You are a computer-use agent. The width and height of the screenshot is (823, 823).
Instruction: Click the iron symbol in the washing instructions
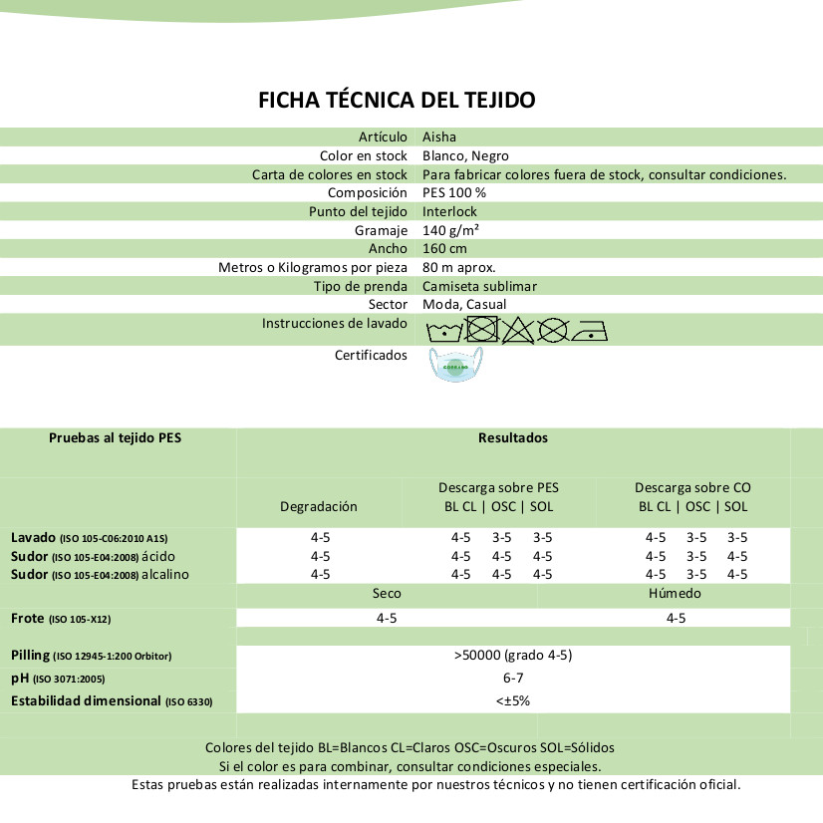tap(590, 331)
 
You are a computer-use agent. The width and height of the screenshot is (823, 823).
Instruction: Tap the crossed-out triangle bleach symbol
tap(519, 330)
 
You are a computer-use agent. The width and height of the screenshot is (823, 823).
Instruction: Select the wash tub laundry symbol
tap(443, 331)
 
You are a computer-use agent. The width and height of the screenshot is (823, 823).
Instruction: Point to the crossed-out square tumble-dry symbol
tap(481, 329)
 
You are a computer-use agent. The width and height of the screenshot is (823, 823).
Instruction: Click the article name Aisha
tap(439, 137)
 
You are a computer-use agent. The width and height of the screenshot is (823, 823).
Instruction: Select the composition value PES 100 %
tap(454, 192)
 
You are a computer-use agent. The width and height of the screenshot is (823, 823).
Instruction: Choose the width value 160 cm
tap(444, 248)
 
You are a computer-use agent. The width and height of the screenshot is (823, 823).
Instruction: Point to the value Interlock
tap(449, 211)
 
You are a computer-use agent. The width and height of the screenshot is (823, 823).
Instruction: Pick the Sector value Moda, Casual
tap(464, 304)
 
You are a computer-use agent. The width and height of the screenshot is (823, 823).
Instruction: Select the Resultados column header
tap(512, 437)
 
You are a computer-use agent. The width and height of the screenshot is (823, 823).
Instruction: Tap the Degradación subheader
tap(318, 506)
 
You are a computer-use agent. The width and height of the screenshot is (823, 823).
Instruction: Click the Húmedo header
tap(675, 593)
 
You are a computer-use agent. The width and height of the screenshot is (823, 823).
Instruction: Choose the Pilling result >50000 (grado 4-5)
tap(512, 655)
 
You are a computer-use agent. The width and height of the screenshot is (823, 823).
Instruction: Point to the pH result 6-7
tap(512, 678)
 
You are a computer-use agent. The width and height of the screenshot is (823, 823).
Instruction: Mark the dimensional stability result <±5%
tap(512, 700)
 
